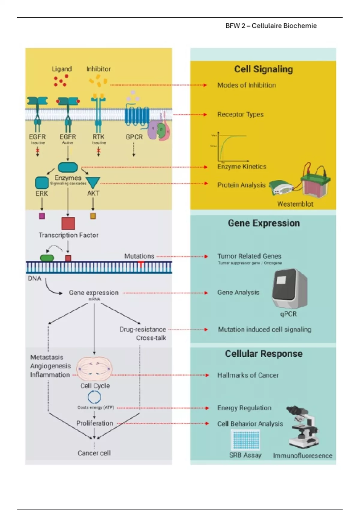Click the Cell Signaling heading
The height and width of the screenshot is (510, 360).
263,69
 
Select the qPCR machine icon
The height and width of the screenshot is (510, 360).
289,289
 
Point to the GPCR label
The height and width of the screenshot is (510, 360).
134,137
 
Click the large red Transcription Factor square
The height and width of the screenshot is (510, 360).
68,223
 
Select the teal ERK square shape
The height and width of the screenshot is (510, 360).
42,183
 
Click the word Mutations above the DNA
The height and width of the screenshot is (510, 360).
139,256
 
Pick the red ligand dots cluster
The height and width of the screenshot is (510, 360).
61,80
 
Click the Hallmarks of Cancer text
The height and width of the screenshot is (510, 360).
248,375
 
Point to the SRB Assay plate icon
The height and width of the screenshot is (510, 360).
245,439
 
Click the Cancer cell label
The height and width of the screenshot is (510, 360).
94,453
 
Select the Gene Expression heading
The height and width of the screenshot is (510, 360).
264,223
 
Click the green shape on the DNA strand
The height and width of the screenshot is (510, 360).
47,258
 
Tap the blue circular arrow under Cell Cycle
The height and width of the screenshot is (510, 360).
94,397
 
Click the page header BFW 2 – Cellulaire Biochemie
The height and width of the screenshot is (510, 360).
271,26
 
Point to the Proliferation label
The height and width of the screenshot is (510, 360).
94,423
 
